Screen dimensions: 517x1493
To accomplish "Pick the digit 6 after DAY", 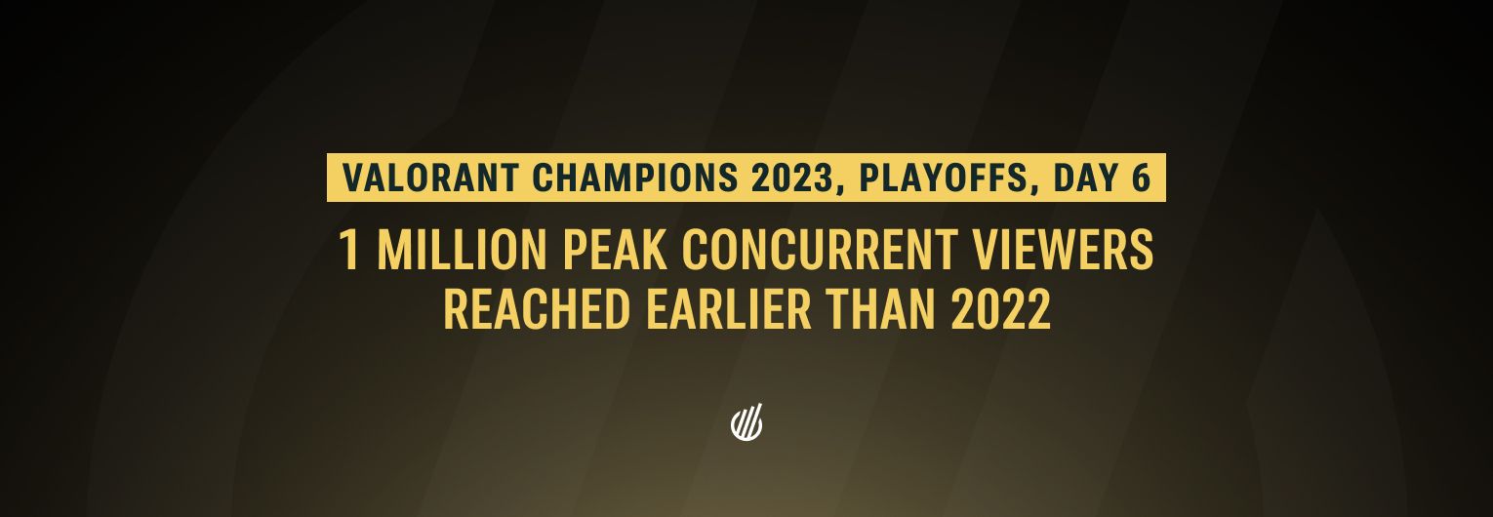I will tap(1141, 179).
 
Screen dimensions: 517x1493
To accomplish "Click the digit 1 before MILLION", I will tap(349, 251).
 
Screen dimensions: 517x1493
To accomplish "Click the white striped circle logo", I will tap(746, 423).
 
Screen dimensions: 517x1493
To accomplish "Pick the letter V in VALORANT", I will tap(352, 179).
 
